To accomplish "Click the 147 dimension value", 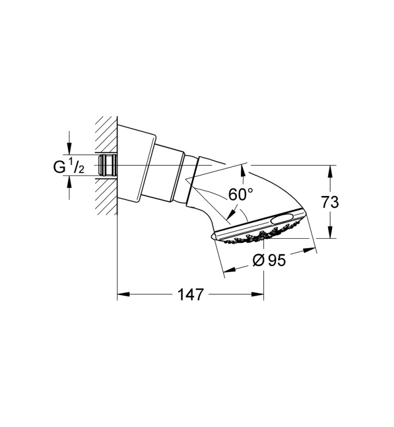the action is tap(190, 295).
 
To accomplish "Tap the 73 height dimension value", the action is tap(330, 203).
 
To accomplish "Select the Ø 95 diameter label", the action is tap(269, 261).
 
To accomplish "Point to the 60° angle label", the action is tap(241, 194).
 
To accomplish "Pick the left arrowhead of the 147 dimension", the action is tap(123, 295).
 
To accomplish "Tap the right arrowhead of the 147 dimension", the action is tap(258, 295).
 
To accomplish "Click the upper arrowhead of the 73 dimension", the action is tap(330, 171).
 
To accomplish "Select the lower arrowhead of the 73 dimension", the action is tap(330, 232).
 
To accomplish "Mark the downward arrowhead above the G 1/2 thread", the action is tap(69, 148).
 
